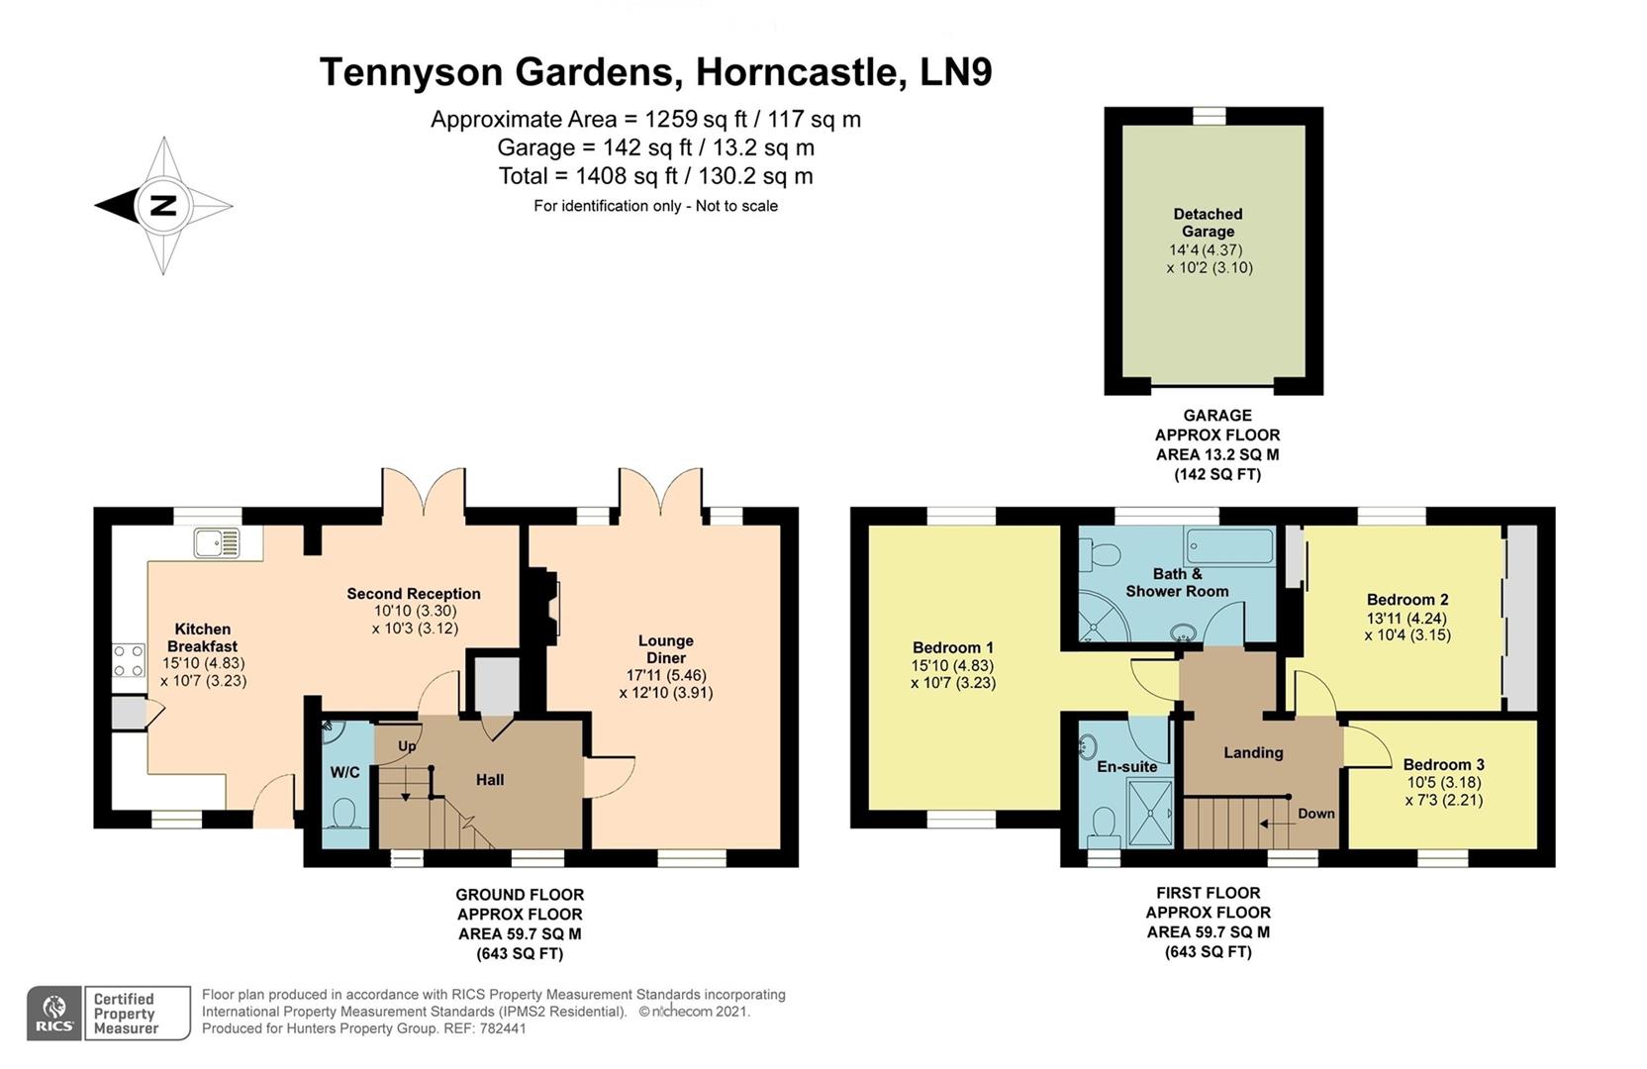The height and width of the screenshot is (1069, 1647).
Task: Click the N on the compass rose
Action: click(162, 205)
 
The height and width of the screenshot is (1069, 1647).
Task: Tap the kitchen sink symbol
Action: click(217, 542)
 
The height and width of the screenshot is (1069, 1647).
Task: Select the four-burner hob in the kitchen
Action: click(128, 660)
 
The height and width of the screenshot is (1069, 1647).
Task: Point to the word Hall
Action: click(490, 779)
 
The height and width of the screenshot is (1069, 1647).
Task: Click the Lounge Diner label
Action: click(666, 649)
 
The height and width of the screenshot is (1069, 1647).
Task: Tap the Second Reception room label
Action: click(413, 593)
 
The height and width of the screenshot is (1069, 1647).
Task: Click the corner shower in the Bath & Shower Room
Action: click(1103, 621)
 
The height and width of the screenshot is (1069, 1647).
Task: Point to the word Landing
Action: click(1254, 752)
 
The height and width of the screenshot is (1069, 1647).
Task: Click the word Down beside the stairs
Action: click(1316, 814)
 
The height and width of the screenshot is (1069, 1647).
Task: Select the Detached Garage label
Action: click(1209, 223)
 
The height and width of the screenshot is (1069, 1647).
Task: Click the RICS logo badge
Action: click(55, 1014)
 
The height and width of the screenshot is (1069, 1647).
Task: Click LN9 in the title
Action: click(956, 72)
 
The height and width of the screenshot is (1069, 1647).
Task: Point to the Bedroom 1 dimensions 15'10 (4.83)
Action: click(953, 665)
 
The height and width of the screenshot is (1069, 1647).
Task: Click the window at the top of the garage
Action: click(1210, 116)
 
